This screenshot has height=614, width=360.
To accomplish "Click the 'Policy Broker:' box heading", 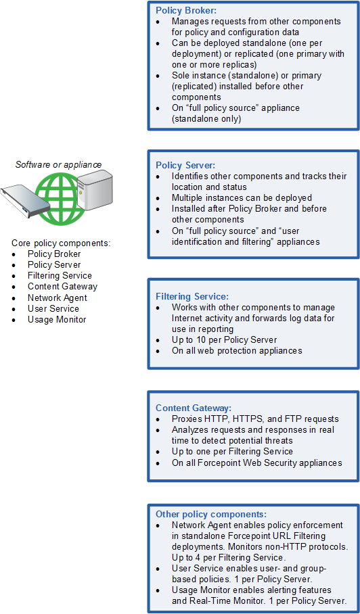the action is tap(185, 11).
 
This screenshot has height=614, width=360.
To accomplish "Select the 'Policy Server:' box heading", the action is tap(185, 165).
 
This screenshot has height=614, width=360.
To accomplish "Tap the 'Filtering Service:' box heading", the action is tap(192, 296).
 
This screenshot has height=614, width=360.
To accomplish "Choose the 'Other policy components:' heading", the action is tap(211, 514).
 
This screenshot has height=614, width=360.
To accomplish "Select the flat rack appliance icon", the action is tap(25, 201).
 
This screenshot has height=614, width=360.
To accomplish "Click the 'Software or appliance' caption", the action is tap(58, 165).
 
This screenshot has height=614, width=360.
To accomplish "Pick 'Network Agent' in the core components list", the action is tap(58, 298).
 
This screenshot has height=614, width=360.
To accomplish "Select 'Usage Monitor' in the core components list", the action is tap(57, 320).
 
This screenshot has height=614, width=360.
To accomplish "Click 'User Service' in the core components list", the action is tap(53, 308).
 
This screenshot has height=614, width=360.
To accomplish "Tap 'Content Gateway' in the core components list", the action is tap(62, 287).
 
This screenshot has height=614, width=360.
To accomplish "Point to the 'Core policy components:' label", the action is tap(61, 243).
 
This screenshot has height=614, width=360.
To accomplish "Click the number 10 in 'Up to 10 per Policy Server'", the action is tap(200, 340).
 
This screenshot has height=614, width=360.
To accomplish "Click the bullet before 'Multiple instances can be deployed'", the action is tap(158, 198).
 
